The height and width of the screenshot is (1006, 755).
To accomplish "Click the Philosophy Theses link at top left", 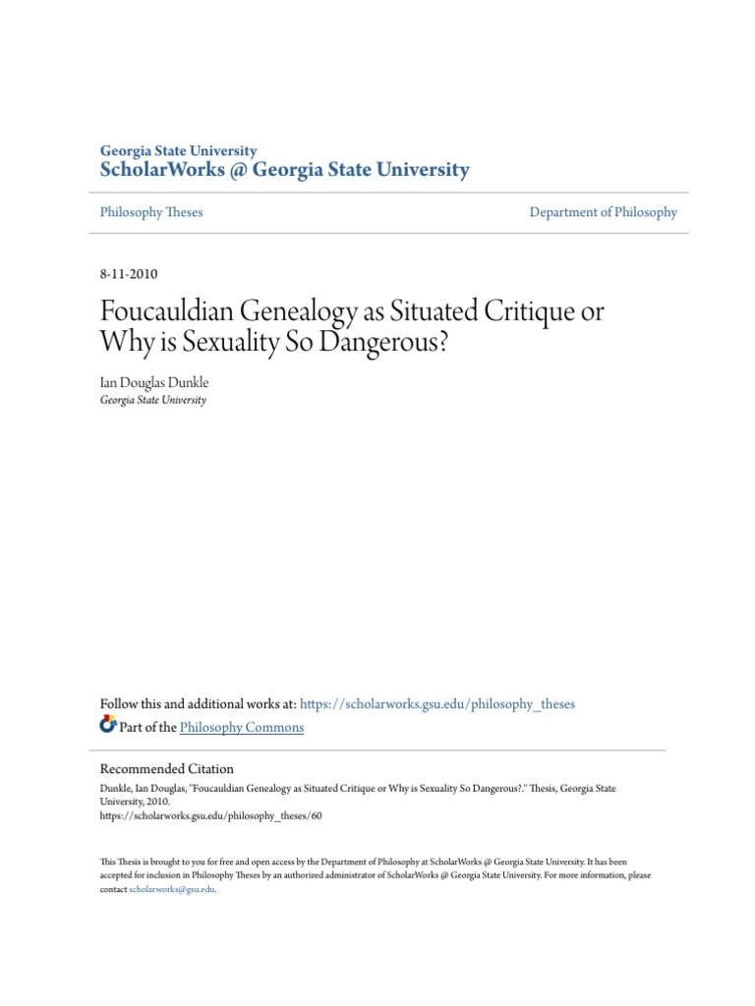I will pyautogui.click(x=151, y=212).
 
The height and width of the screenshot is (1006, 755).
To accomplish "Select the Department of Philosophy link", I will pyautogui.click(x=603, y=212).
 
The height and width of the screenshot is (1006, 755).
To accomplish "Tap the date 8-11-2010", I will pyautogui.click(x=129, y=274).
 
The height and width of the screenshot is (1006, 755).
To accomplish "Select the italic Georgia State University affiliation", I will pyautogui.click(x=153, y=400).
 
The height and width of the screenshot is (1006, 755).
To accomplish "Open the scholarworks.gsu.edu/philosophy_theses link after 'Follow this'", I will pyautogui.click(x=437, y=704).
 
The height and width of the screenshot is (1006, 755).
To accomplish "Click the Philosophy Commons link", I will pyautogui.click(x=242, y=728).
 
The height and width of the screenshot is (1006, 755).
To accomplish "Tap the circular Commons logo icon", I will pyautogui.click(x=108, y=726).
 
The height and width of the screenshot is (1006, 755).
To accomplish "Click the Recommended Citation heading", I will pyautogui.click(x=167, y=769).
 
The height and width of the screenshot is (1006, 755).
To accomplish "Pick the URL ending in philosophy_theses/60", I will pyautogui.click(x=210, y=815).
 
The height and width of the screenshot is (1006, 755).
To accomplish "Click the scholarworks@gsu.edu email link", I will pyautogui.click(x=172, y=889).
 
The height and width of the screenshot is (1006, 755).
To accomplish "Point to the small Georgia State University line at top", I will pyautogui.click(x=178, y=150).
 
